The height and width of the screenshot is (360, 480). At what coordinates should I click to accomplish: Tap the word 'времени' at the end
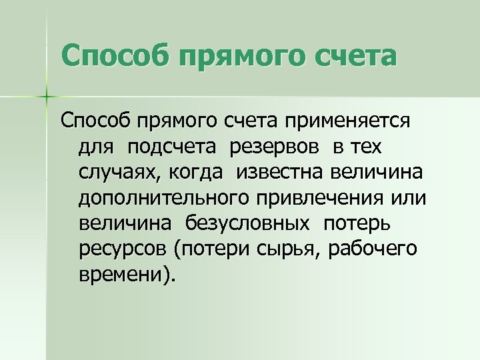point(122,273)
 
